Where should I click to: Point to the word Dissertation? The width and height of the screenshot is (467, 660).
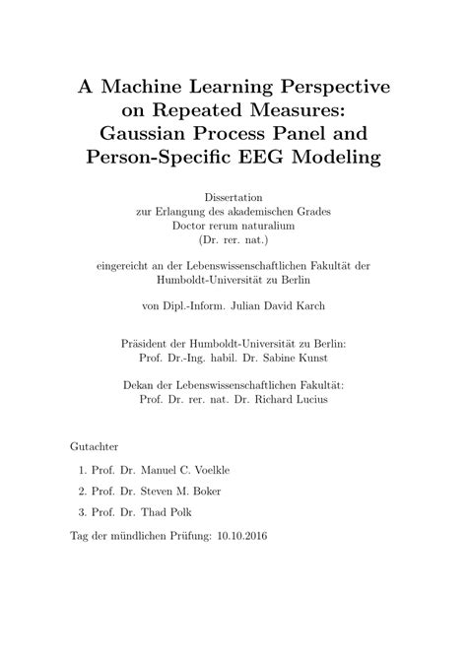(233, 197)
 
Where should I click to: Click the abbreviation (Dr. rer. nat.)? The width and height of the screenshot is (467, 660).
(233, 239)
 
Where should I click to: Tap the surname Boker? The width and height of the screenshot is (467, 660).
(207, 490)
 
